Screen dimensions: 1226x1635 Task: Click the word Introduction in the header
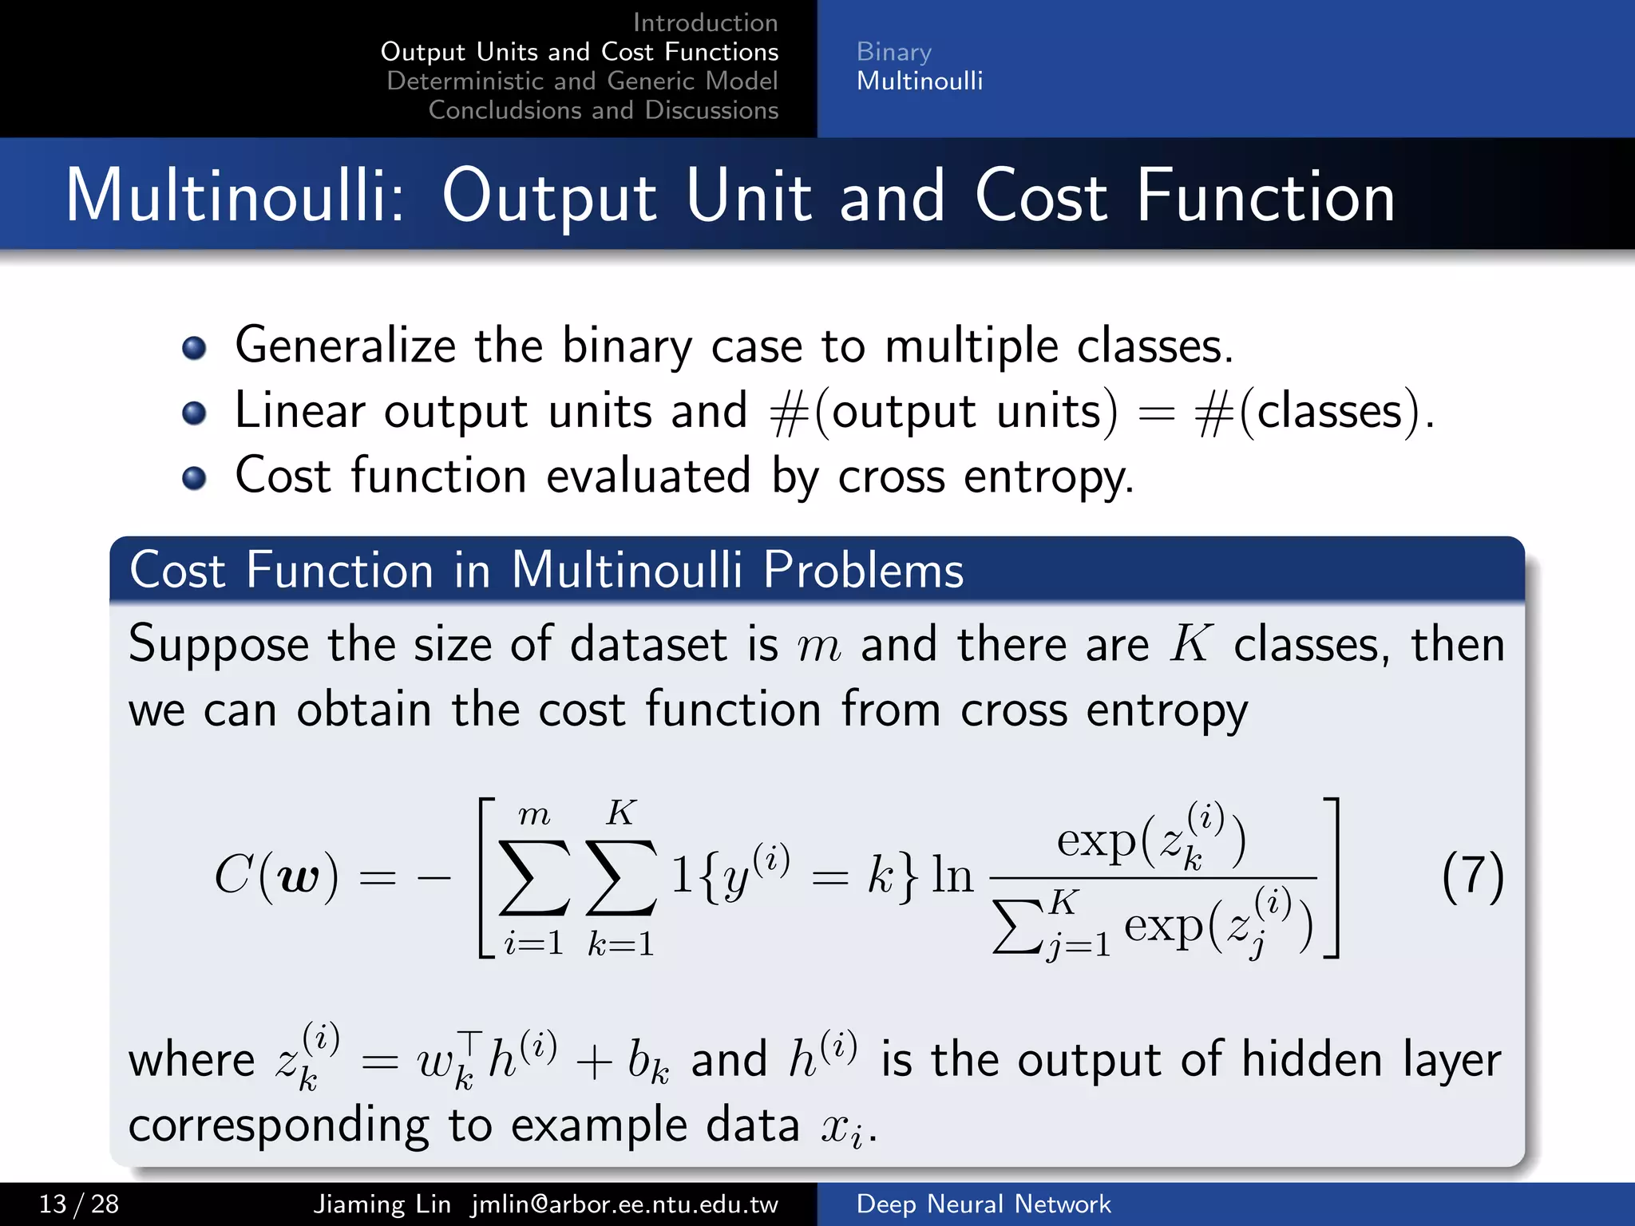pos(705,22)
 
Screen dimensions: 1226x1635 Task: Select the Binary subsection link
pos(893,52)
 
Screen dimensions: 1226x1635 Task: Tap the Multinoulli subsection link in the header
pos(919,81)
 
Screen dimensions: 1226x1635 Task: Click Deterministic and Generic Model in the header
pos(582,81)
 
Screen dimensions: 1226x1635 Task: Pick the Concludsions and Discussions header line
pos(603,110)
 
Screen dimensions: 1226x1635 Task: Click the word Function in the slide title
pos(1265,196)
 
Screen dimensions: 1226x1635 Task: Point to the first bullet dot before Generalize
pos(194,348)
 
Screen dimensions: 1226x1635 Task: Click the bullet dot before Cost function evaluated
pos(194,478)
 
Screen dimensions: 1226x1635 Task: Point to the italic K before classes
pos(1190,643)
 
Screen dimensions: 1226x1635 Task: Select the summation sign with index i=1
pos(533,877)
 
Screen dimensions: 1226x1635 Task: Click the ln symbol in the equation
pos(952,876)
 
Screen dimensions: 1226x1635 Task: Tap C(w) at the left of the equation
pos(275,876)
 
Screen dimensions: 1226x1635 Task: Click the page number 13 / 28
pos(79,1204)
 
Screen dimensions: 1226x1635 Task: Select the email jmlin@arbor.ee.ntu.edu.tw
pos(624,1204)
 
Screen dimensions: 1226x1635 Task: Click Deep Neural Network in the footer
pos(983,1204)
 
